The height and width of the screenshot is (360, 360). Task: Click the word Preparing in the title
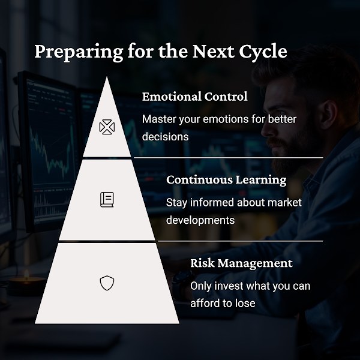(x=79, y=52)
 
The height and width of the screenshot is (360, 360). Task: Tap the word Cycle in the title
(x=263, y=52)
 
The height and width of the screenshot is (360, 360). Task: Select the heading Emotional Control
(x=194, y=97)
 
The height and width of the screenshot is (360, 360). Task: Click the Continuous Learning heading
(x=226, y=180)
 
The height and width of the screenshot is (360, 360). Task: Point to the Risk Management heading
(x=242, y=263)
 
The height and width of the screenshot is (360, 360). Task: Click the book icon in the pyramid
(x=107, y=200)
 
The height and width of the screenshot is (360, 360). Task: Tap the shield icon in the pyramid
(x=107, y=283)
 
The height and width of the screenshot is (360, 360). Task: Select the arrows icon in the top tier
(x=107, y=127)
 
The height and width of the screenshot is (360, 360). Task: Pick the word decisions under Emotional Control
(x=166, y=137)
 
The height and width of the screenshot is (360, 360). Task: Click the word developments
(x=200, y=220)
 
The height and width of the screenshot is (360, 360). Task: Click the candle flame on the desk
(x=26, y=274)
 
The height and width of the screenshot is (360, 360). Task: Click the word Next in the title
(x=213, y=52)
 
